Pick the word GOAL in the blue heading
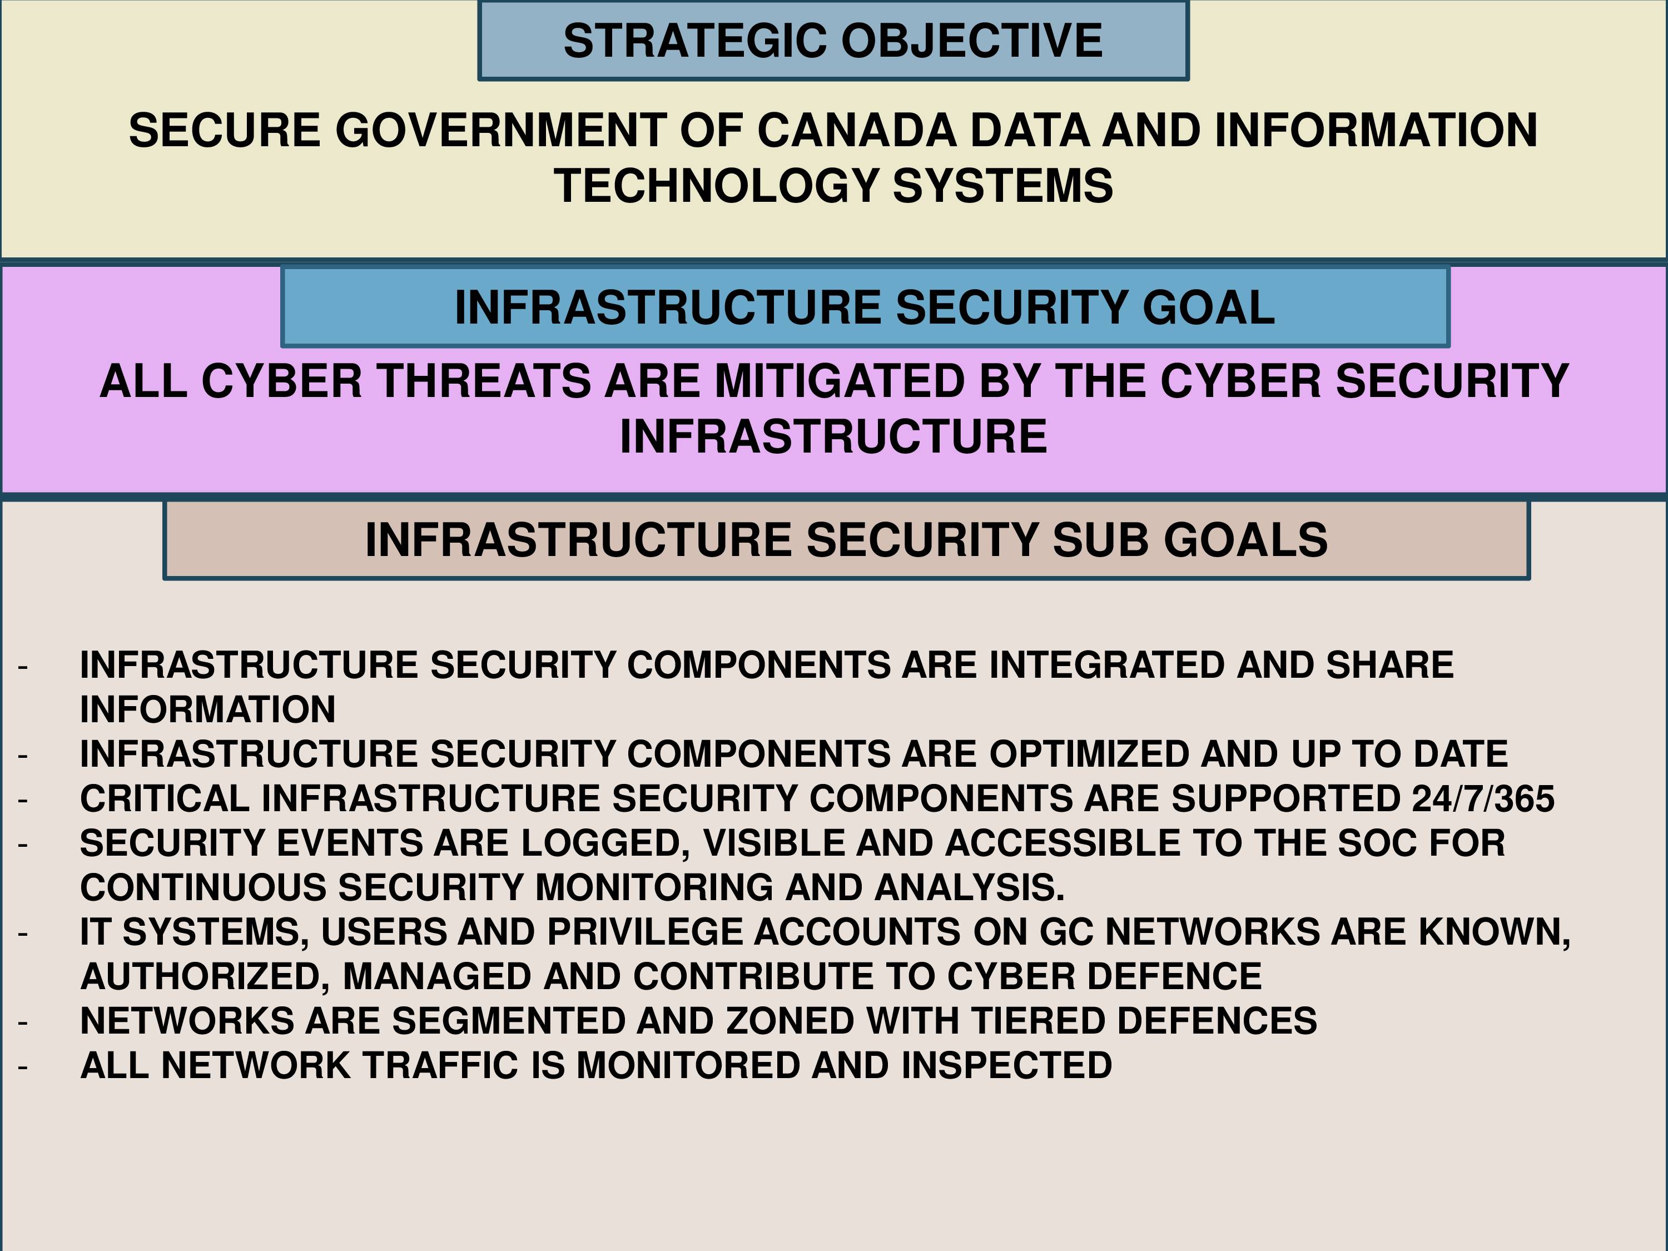[1209, 307]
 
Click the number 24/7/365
[1483, 798]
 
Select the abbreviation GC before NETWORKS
[1066, 932]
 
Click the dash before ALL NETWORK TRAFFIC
[23, 1067]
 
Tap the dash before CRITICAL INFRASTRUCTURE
[23, 800]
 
